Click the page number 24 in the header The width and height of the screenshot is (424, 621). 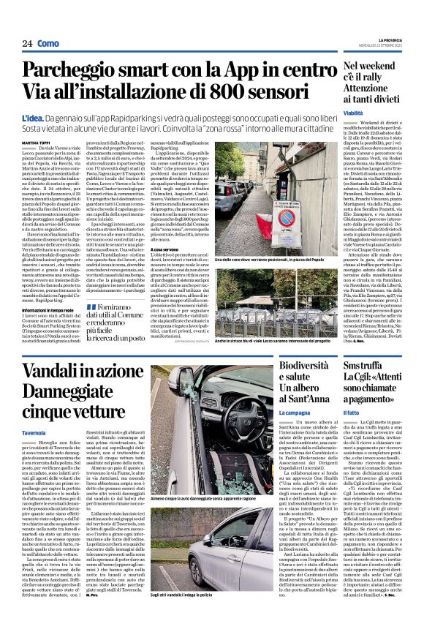[27, 43]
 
